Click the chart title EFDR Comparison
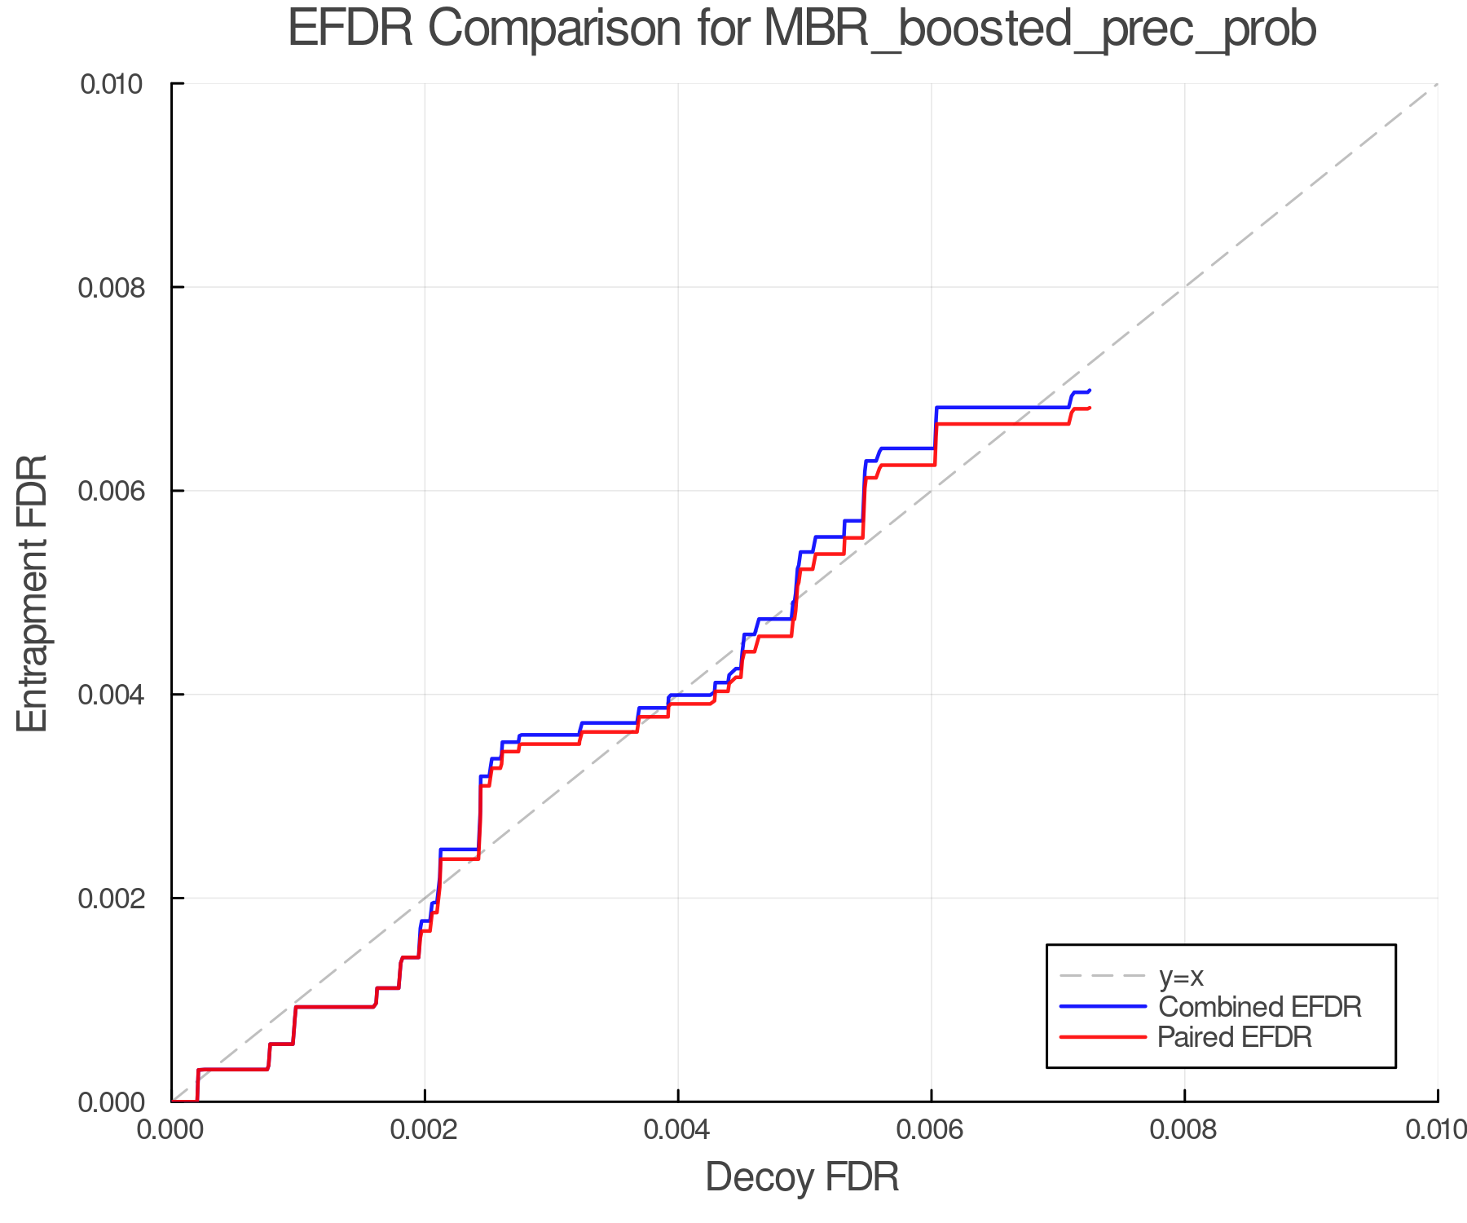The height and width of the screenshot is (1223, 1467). pos(802,29)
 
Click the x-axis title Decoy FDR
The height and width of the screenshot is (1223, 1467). pos(802,1177)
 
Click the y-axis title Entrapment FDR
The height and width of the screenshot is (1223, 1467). pos(33,593)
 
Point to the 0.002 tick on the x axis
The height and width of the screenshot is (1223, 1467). pos(425,1129)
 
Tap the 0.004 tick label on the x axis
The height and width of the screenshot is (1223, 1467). pos(678,1129)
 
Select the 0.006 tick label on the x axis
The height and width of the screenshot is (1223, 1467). pos(932,1129)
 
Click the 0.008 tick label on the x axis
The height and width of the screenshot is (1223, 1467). pos(1184,1129)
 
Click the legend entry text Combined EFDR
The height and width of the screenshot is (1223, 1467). pos(1259,1006)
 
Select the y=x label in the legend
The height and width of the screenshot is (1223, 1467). pos(1181,976)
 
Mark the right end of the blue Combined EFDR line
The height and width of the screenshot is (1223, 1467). pos(1090,391)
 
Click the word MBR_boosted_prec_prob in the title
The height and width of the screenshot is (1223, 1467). pos(1040,29)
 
